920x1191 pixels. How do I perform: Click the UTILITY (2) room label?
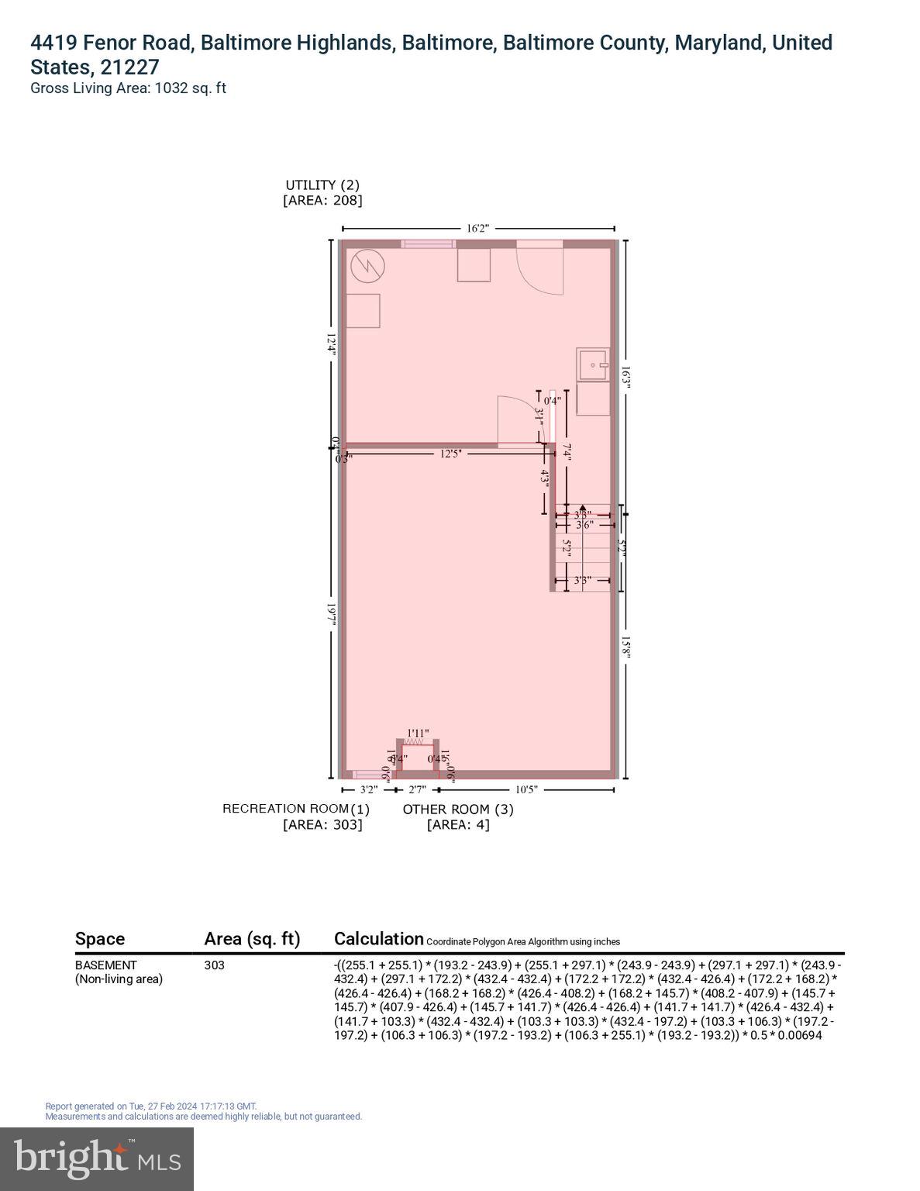[x=322, y=185]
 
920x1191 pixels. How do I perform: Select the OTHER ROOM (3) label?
[x=458, y=810]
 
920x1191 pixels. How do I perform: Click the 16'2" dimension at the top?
[x=477, y=229]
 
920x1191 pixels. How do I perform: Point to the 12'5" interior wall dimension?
[x=450, y=454]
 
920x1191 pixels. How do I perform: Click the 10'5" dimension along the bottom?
[x=525, y=790]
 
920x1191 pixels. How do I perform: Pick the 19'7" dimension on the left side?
[x=332, y=615]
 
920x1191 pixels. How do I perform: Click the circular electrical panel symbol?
[x=367, y=267]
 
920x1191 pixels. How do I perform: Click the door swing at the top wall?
[x=539, y=268]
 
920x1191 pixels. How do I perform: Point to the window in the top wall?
[x=428, y=244]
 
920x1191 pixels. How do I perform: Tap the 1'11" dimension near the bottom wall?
[x=418, y=733]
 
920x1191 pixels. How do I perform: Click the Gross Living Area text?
[x=128, y=88]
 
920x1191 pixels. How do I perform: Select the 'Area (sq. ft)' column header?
[x=252, y=939]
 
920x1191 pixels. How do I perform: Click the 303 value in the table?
[x=214, y=965]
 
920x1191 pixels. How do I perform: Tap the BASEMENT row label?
[x=106, y=965]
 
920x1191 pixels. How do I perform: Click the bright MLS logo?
[x=97, y=1158]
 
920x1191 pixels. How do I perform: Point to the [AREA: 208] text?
[x=322, y=200]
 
